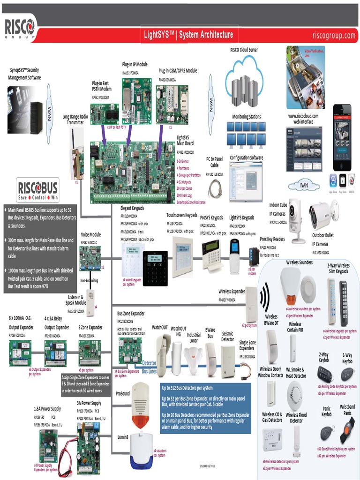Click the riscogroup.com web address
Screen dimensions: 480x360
(334, 35)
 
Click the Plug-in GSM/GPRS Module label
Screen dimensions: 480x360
(178, 71)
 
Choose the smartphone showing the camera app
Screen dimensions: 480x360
(342, 136)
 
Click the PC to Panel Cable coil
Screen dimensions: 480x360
(215, 187)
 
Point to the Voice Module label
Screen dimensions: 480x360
(90, 235)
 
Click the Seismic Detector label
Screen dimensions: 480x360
(227, 336)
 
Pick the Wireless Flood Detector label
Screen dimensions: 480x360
(296, 418)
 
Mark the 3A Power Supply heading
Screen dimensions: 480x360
(89, 403)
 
